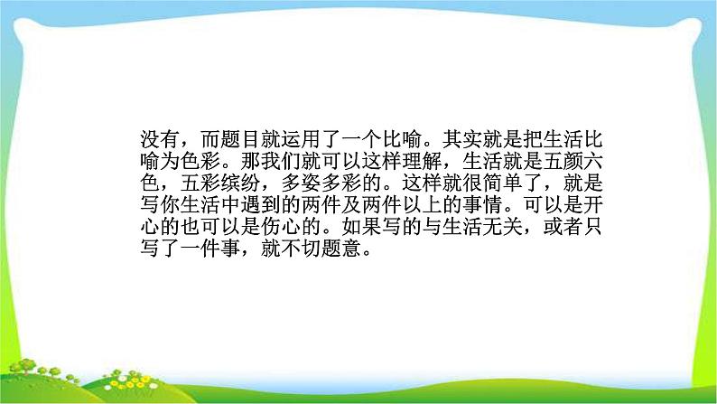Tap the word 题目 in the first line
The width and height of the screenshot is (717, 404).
[224, 139]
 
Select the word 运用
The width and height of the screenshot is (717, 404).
[287, 139]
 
